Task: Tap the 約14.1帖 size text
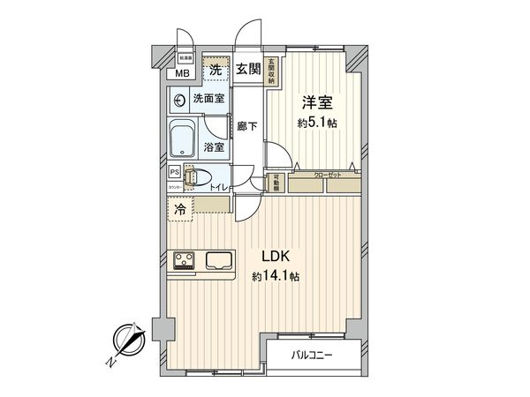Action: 275,276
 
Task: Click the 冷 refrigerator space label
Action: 180,209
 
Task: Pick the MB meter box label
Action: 181,73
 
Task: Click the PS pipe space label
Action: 174,173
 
